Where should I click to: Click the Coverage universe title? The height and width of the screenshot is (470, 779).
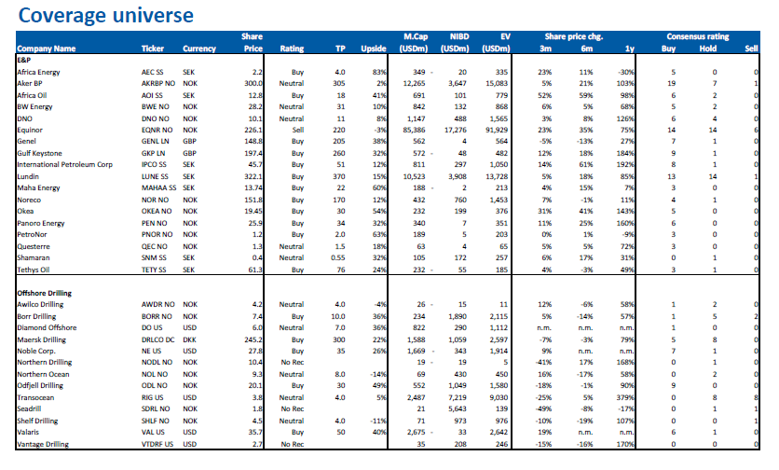[x=106, y=16]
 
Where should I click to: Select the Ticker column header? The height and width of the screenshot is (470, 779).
[x=153, y=48]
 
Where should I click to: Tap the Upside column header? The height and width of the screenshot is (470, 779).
[x=374, y=48]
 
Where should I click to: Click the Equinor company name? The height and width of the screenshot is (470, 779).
[x=30, y=131]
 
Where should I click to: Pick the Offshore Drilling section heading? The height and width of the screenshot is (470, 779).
[x=44, y=293]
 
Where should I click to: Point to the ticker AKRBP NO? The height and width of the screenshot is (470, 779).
[x=158, y=84]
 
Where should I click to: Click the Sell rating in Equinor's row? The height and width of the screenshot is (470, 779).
[x=298, y=131]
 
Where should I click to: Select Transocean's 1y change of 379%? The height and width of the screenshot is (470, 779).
[x=625, y=398]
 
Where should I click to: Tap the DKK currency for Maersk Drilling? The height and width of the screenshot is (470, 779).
[x=189, y=340]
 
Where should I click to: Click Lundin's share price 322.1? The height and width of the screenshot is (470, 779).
[x=253, y=176]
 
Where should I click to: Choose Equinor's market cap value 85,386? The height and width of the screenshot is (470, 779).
[x=415, y=131]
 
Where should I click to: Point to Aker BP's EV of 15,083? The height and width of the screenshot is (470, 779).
[x=497, y=84]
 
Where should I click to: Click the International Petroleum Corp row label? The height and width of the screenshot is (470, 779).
[x=64, y=165]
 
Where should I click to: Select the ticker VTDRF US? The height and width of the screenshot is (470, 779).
[x=157, y=445]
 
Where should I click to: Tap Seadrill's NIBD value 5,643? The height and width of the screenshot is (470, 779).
[x=458, y=409]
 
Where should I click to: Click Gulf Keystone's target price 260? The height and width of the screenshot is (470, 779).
[x=339, y=154]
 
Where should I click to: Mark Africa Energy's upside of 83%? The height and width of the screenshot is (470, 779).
[x=379, y=72]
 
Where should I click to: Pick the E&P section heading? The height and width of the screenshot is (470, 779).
[x=24, y=60]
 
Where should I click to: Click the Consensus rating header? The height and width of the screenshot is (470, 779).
[x=698, y=36]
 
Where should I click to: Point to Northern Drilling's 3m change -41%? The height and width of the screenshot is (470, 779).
[x=544, y=363]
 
